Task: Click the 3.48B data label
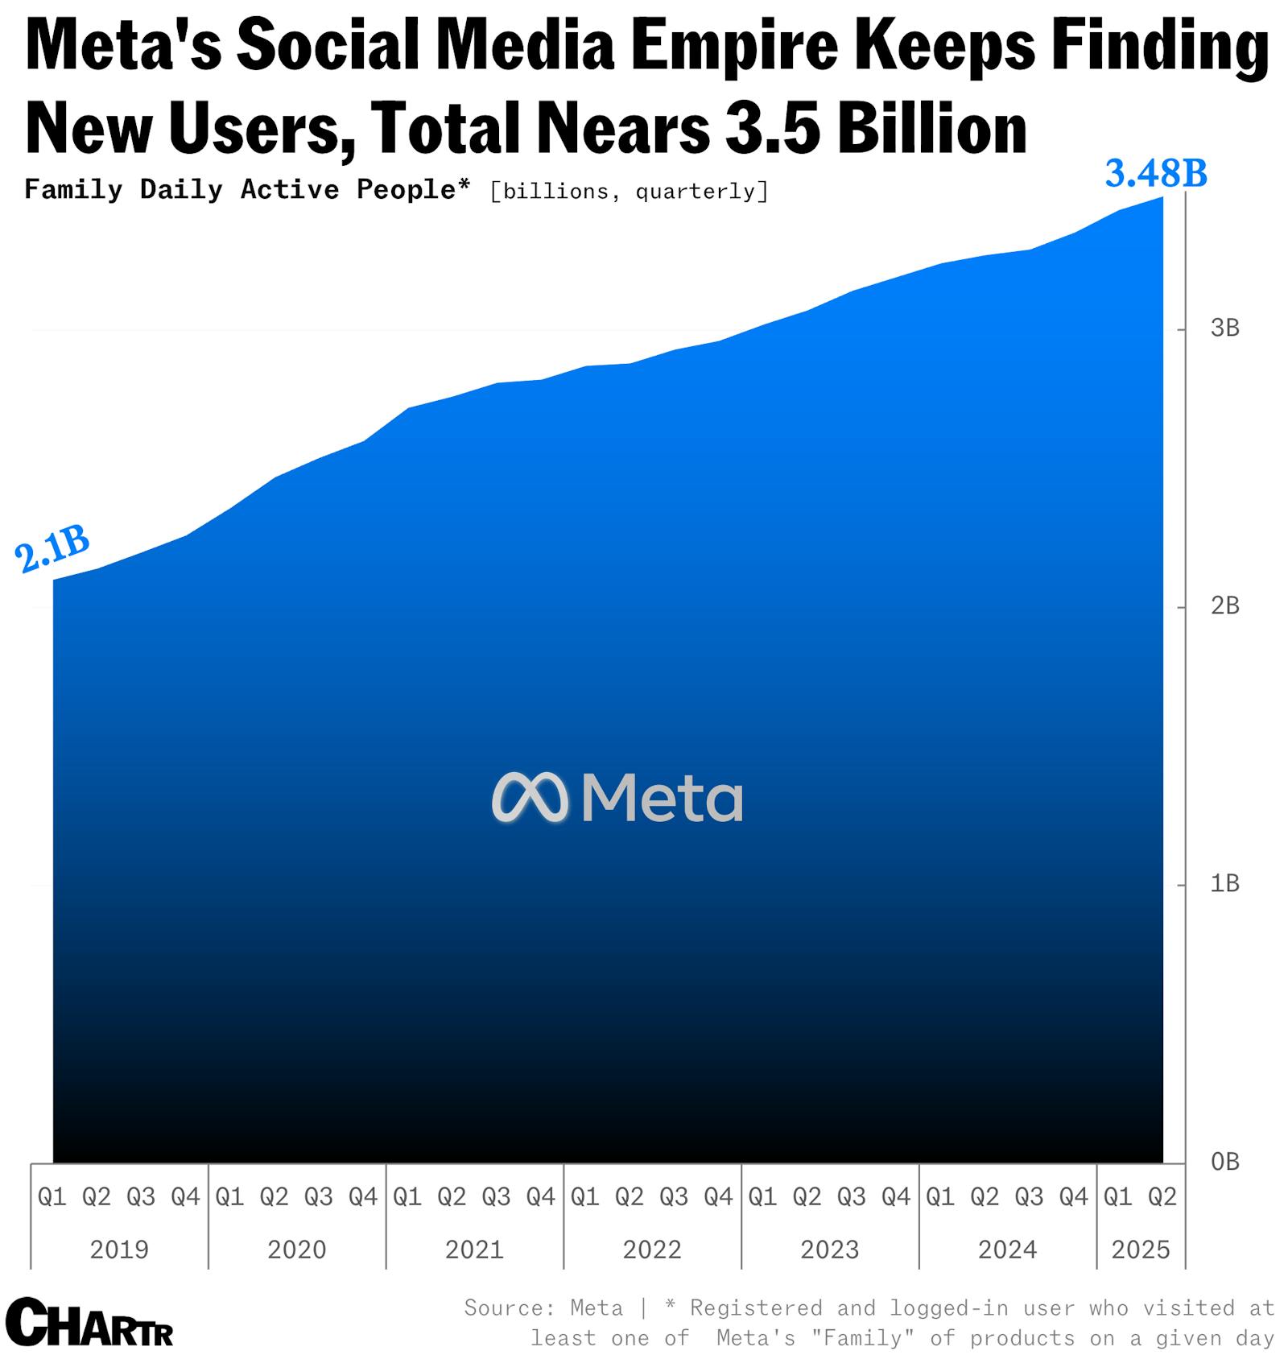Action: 1155,173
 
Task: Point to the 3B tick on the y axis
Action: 1224,328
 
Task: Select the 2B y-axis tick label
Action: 1224,605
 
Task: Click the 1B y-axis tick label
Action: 1224,884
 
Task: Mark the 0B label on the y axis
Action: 1224,1162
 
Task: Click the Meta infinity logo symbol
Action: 530,798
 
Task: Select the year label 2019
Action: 119,1250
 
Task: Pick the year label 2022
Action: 652,1250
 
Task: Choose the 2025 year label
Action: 1140,1250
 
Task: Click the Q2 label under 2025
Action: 1162,1197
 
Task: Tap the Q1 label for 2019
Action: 52,1197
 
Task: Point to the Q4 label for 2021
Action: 540,1197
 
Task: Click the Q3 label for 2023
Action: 851,1197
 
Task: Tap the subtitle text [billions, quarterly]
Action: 629,192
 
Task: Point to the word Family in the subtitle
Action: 73,190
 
